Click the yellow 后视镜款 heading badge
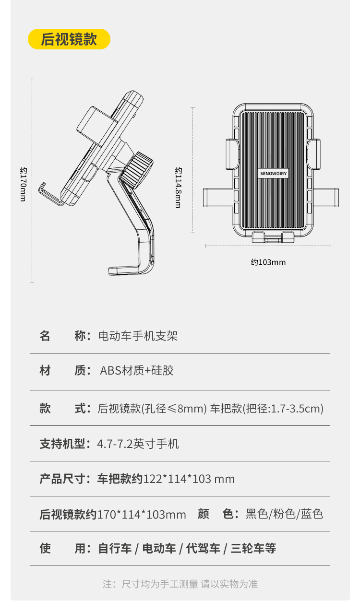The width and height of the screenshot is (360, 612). (69, 39)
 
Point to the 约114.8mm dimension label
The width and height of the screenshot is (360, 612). (178, 187)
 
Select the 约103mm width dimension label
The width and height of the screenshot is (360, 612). (268, 262)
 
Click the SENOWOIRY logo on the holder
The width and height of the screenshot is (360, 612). (273, 174)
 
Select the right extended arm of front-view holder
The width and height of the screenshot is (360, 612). (327, 198)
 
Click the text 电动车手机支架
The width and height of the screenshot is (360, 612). (138, 336)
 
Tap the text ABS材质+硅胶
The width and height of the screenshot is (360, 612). (137, 371)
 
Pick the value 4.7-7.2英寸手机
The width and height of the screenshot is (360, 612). (138, 444)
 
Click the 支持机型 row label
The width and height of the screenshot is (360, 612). (62, 444)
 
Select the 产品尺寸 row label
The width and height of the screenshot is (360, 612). (62, 479)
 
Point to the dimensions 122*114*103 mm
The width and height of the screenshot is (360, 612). (189, 479)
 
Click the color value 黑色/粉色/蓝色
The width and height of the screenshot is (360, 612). (284, 514)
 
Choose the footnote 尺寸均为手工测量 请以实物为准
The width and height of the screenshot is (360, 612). (190, 584)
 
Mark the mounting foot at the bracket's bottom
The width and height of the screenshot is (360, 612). (126, 271)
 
